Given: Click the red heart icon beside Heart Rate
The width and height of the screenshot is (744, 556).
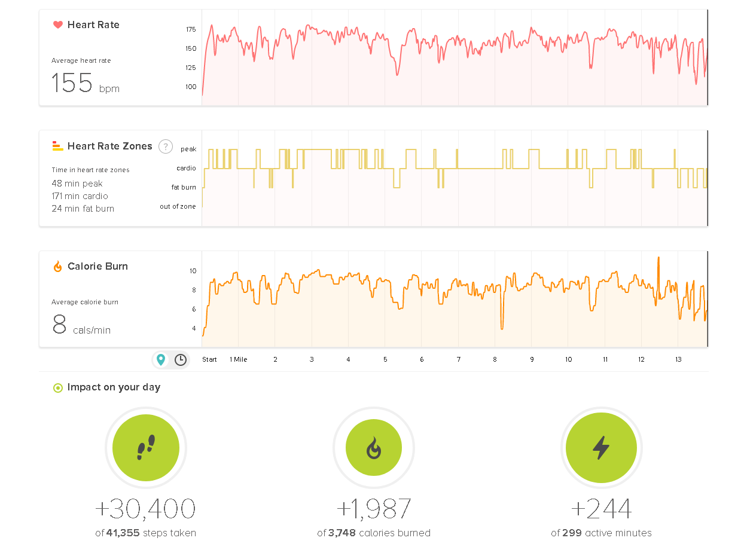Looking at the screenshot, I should (x=58, y=25).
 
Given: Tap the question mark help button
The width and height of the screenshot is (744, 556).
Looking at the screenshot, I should (x=166, y=146).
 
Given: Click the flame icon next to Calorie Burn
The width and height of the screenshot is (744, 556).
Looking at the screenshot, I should (x=58, y=267).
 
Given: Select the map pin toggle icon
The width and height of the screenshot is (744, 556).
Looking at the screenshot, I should (x=161, y=359).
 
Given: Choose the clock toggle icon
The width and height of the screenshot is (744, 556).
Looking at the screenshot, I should (x=181, y=359).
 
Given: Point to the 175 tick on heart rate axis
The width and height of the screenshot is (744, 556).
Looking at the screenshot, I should (x=191, y=29).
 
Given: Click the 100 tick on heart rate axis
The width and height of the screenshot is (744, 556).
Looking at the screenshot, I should (x=191, y=87).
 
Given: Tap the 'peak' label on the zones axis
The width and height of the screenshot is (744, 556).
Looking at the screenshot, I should (x=188, y=149).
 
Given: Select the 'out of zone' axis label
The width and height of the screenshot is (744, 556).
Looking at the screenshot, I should (x=178, y=206).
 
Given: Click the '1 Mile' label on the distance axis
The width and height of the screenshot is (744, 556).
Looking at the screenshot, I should (x=239, y=359).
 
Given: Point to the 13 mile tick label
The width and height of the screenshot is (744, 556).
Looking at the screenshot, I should (x=678, y=359).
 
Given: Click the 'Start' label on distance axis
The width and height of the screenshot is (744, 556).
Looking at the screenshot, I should (x=209, y=359).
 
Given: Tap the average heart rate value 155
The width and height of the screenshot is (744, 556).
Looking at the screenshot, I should (x=72, y=84).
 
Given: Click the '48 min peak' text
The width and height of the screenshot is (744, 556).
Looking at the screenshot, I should (x=77, y=184).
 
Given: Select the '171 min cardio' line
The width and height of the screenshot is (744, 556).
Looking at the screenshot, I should (x=80, y=196).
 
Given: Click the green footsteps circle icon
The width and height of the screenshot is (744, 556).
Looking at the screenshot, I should (x=146, y=448).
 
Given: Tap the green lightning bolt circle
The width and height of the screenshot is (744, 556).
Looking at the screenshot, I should (x=601, y=448).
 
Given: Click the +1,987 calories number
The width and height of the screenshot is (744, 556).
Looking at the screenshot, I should (x=374, y=509).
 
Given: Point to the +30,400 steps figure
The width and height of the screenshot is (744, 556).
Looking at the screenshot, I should (x=145, y=509).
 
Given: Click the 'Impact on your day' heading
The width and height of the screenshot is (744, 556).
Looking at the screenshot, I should (x=114, y=387).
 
